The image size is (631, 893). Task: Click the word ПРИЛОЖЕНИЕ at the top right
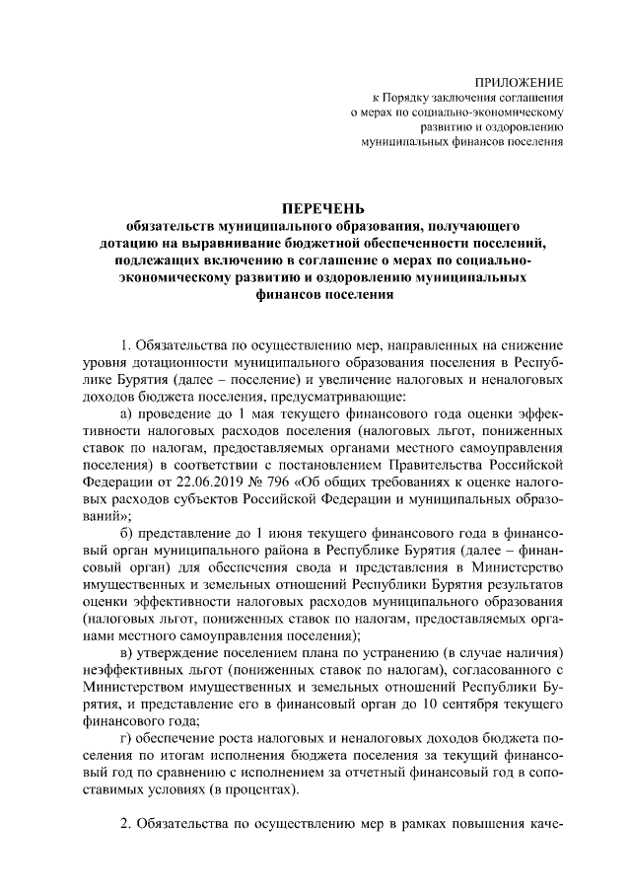coord(520,82)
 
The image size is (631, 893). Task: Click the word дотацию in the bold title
coord(134,242)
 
